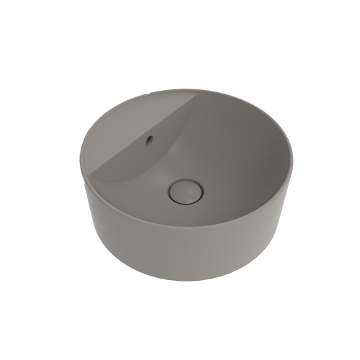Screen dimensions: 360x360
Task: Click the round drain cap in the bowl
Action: click(186, 191)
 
